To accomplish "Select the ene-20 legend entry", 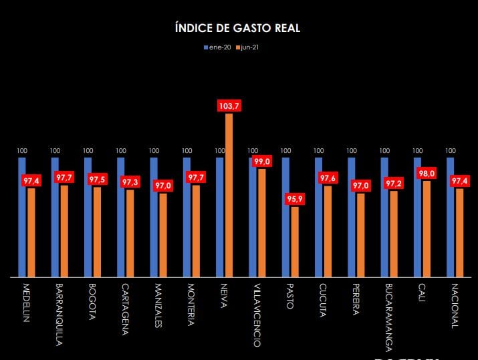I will point(218,47).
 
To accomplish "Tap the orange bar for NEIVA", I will point(229,194).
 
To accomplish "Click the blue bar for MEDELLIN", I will point(22,217).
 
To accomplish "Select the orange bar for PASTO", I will point(295,242).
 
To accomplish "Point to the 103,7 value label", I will point(229,106).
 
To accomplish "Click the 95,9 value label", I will point(295,199).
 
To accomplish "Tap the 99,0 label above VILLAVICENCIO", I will point(261,162).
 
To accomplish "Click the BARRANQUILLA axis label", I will point(58,314).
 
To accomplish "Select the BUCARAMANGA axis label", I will point(388,317).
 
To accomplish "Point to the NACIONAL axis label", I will point(454,306).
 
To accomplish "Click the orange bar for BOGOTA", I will point(98,232).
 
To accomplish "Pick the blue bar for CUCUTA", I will point(318,217).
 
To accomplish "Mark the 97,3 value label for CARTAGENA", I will point(130,182).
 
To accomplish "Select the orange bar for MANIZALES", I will point(163,234).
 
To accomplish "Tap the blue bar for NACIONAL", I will point(450,217).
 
